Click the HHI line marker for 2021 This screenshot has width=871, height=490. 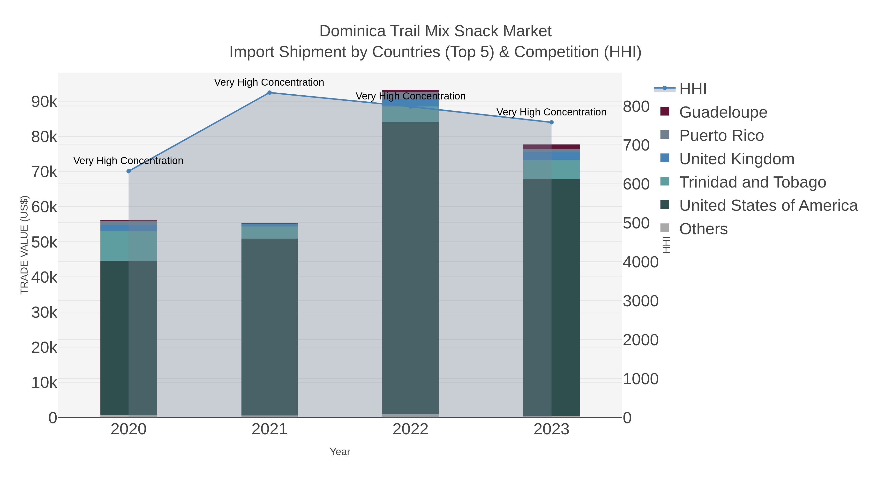pyautogui.click(x=270, y=93)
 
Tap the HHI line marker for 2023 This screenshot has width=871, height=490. pyautogui.click(x=551, y=122)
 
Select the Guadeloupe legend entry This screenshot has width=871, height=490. pyautogui.click(x=723, y=112)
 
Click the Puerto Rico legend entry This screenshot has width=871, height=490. pyautogui.click(x=721, y=136)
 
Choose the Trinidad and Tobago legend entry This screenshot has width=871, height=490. pyautogui.click(x=752, y=182)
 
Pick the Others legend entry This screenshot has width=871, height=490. pyautogui.click(x=703, y=229)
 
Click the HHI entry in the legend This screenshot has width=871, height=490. pyautogui.click(x=692, y=89)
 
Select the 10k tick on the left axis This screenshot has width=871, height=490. pyautogui.click(x=44, y=383)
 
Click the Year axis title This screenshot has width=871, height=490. pyautogui.click(x=340, y=452)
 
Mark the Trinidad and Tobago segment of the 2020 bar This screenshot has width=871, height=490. pyautogui.click(x=128, y=246)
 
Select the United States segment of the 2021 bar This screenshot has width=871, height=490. pyautogui.click(x=270, y=326)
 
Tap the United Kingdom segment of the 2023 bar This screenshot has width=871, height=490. pyautogui.click(x=551, y=156)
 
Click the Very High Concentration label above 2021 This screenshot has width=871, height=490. pyautogui.click(x=269, y=83)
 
